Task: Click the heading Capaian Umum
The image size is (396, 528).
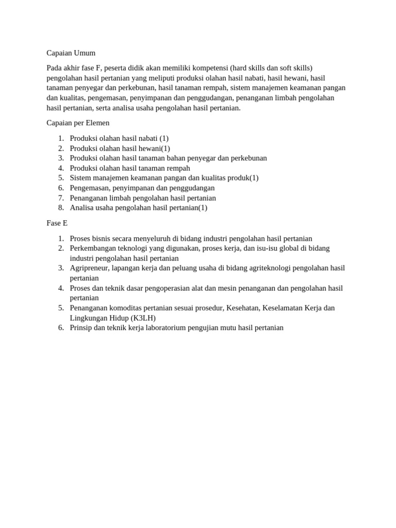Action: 71,53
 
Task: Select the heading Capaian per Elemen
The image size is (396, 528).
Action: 77,123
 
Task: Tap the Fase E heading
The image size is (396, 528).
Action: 57,223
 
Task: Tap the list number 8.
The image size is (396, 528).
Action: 61,208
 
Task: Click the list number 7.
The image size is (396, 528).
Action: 61,198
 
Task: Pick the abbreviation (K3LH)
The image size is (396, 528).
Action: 143,318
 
